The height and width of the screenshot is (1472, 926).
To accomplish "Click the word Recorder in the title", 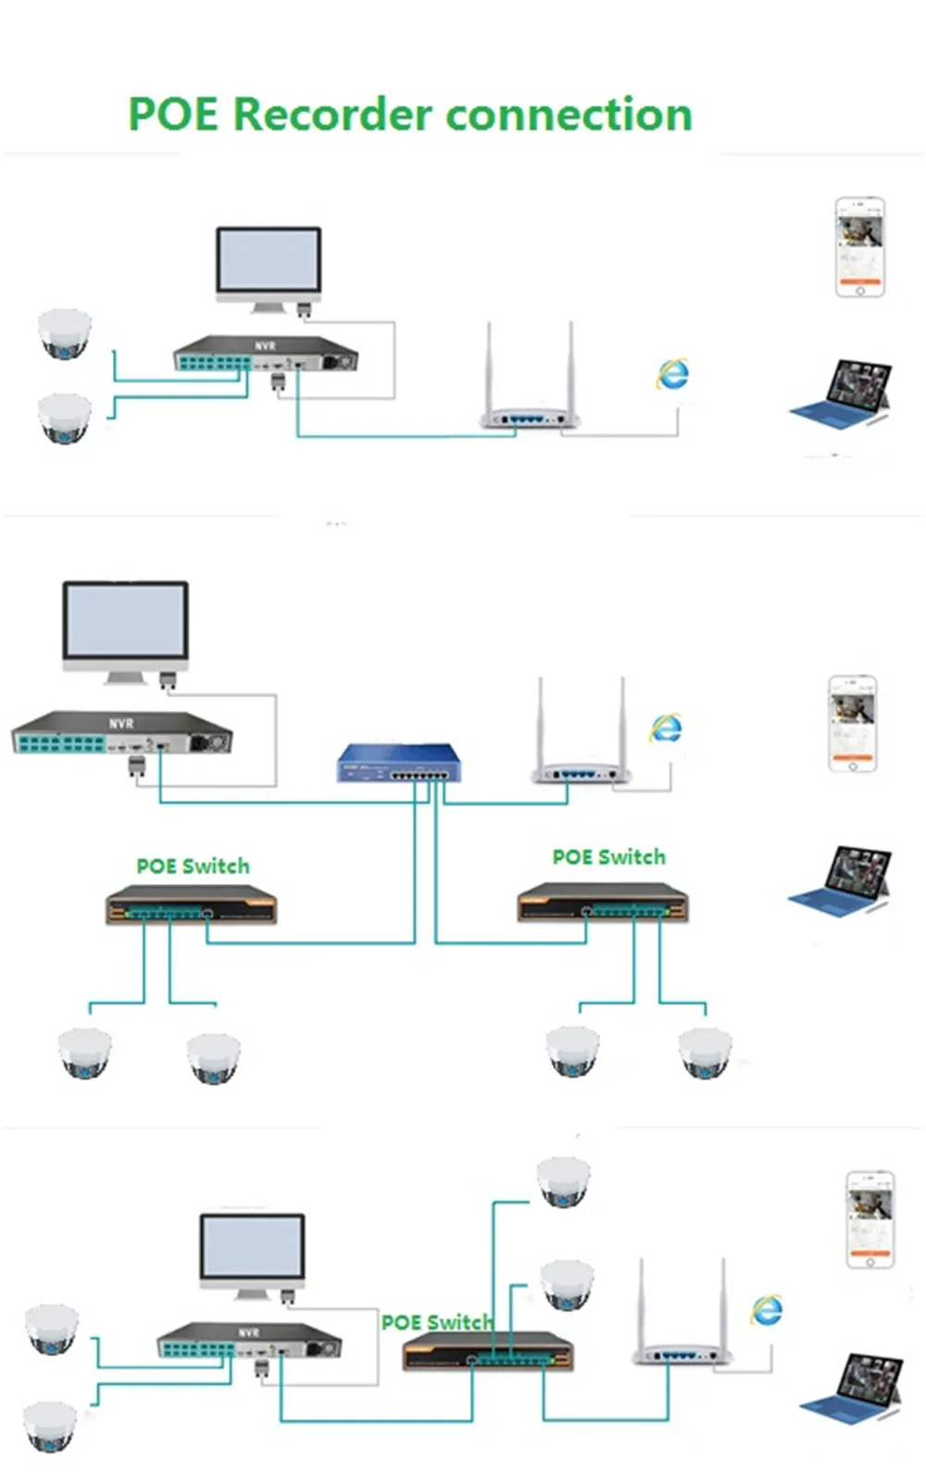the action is click(x=334, y=114).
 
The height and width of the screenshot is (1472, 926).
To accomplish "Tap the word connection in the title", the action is click(x=569, y=114).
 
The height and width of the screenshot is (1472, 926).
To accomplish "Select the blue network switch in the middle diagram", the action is click(x=399, y=762).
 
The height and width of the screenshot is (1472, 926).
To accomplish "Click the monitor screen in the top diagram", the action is click(x=269, y=258).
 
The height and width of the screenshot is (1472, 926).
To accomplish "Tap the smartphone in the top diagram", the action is click(x=859, y=246).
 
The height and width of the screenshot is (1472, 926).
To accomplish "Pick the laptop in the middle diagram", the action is click(x=840, y=880).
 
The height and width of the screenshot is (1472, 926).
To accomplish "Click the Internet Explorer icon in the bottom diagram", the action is click(x=767, y=1310).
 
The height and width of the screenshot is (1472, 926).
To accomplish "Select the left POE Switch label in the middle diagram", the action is click(x=194, y=867).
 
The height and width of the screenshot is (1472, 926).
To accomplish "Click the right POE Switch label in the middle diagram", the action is click(x=609, y=857).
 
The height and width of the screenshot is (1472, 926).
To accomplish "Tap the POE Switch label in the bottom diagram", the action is click(x=437, y=1321).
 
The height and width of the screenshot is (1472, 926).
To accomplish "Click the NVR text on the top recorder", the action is click(x=265, y=345).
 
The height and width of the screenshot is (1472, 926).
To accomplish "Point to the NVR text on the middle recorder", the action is click(x=121, y=724).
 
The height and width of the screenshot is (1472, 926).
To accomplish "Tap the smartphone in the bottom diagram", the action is click(x=870, y=1219).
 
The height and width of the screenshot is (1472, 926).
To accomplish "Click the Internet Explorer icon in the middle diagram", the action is click(x=666, y=728).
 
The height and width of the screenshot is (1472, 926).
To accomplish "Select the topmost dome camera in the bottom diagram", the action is click(x=564, y=1181).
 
